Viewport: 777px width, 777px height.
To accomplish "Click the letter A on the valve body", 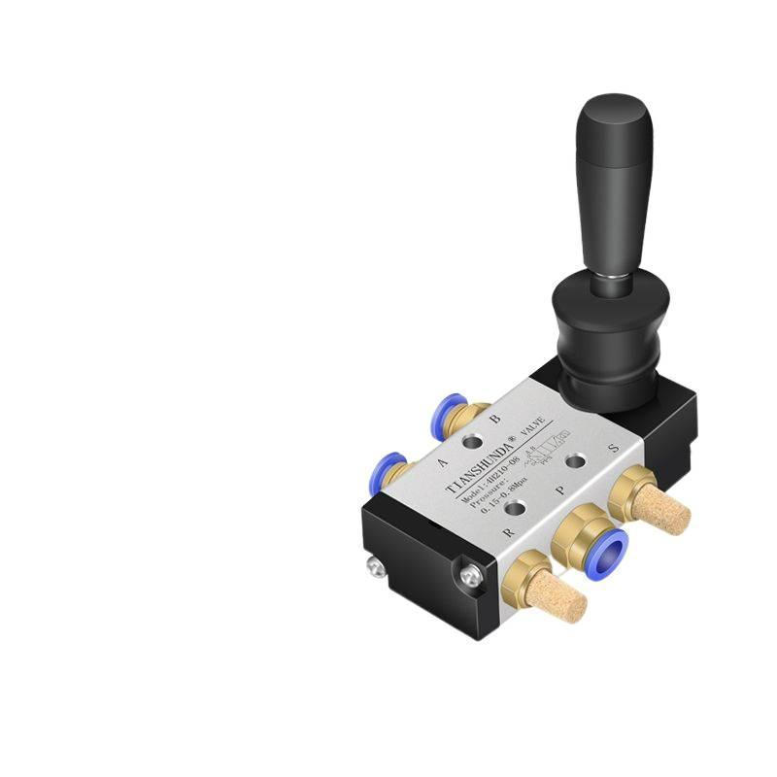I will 443,463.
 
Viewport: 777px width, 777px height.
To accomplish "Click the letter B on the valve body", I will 494,420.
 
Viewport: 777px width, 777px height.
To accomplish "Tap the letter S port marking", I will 612,449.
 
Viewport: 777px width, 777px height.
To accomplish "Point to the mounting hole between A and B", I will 472,442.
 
